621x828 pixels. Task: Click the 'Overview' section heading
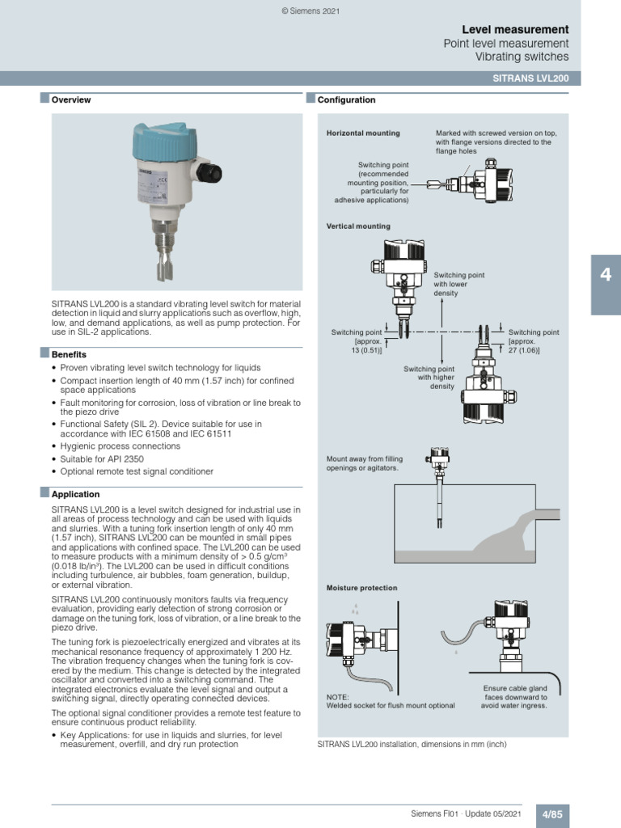tap(71, 100)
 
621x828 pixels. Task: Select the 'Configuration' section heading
tap(346, 100)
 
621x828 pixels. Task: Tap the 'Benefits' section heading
tap(69, 354)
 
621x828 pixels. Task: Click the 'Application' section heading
tap(75, 494)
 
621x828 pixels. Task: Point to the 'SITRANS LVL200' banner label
tap(530, 78)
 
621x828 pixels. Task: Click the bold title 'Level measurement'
tap(515, 29)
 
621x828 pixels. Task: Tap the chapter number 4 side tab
tap(605, 275)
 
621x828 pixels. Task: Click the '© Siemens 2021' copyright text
tap(310, 11)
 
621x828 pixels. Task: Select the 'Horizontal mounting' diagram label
tap(362, 133)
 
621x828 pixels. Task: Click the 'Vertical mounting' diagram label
tap(357, 226)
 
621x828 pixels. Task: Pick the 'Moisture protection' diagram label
tap(361, 588)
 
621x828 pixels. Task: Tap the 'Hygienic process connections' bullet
tap(111, 446)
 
